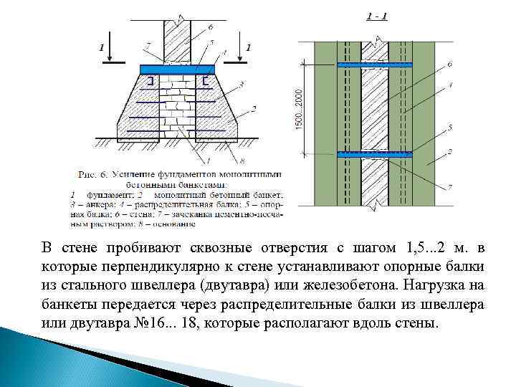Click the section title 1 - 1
tap(377, 16)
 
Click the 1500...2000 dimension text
tap(300, 109)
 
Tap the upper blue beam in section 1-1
tap(376, 64)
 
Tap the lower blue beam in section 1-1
tap(376, 154)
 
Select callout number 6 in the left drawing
tap(211, 27)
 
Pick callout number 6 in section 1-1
tap(449, 64)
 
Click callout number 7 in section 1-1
tap(449, 187)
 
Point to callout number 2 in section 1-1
tap(449, 151)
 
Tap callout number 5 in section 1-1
tap(449, 127)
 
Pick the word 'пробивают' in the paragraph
tap(143, 248)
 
